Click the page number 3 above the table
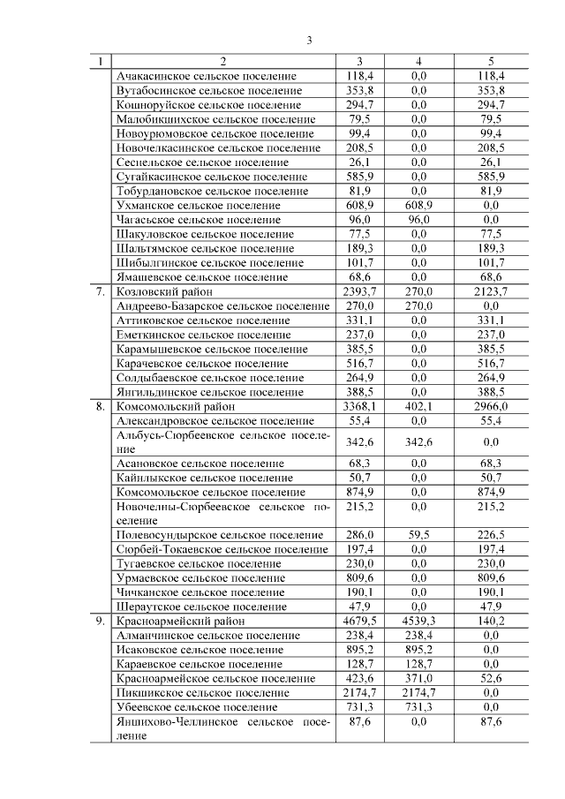point(310,40)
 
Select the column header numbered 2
point(222,62)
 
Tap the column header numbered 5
point(492,62)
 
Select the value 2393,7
point(359,291)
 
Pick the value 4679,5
point(359,622)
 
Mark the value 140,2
point(492,622)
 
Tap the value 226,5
point(492,535)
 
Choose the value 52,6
point(492,678)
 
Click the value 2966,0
point(492,407)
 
